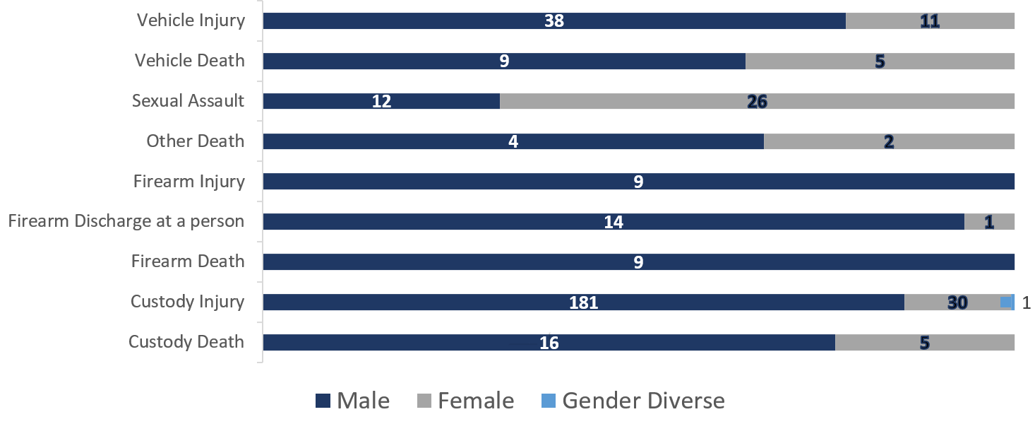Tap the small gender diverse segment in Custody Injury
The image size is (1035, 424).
(x=1013, y=302)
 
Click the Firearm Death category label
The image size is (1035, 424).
(x=188, y=261)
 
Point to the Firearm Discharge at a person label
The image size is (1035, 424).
(x=126, y=221)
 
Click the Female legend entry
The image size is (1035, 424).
(x=466, y=401)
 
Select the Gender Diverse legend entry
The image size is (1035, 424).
(x=633, y=401)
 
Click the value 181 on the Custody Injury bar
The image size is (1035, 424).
(x=583, y=303)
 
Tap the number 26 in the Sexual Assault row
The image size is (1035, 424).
(x=757, y=102)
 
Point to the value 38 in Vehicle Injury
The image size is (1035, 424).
(x=554, y=21)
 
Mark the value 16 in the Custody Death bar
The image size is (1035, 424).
(x=549, y=343)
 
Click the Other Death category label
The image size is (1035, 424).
(x=195, y=141)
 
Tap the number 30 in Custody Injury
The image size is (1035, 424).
(x=957, y=303)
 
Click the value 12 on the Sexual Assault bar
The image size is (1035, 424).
(x=381, y=102)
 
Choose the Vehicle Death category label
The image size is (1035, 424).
(x=189, y=61)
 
